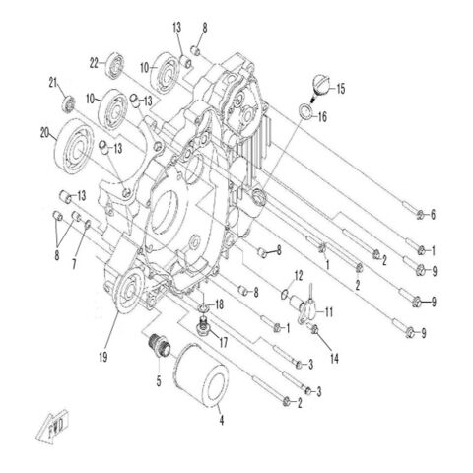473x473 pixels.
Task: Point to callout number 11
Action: pyautogui.click(x=330, y=312)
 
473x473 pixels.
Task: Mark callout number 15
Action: pyautogui.click(x=341, y=90)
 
